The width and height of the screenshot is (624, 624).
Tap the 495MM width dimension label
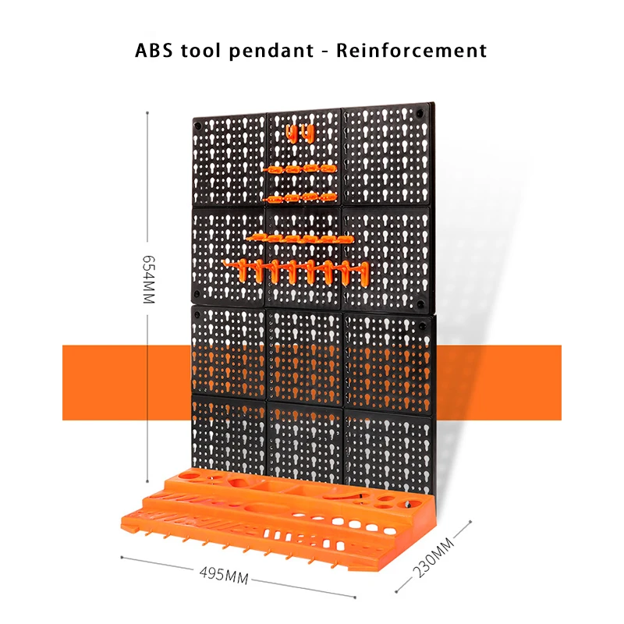point(225,576)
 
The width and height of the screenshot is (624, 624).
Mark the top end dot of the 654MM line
point(147,112)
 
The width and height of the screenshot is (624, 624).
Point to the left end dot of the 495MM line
point(122,556)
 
